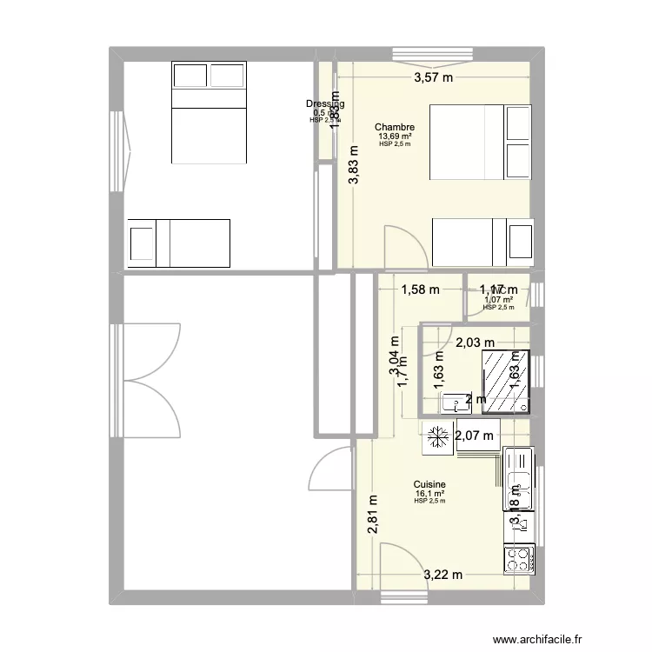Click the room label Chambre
394,127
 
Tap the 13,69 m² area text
394,136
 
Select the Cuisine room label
429,484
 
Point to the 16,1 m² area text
429,493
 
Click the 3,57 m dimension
433,78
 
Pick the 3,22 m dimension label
443,575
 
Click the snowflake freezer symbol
435,438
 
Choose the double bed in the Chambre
481,142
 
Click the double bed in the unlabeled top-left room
209,112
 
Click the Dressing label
324,104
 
